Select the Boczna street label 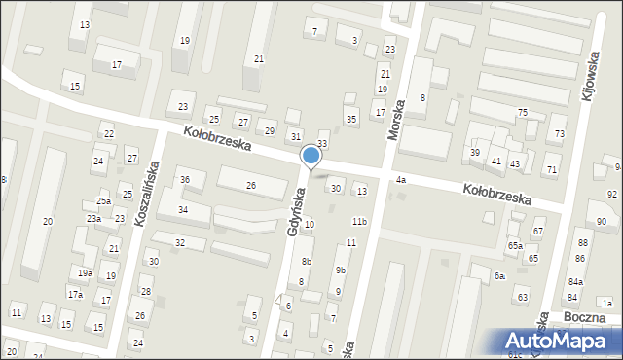point(584,317)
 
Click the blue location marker point(311,156)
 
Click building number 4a point(400,180)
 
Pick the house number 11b point(359,222)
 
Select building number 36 point(184,179)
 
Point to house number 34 point(182,210)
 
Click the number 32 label point(179,242)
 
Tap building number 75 point(522,113)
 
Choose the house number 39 point(475,153)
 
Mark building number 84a point(574,282)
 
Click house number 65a point(515,246)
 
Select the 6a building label point(498,276)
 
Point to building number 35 point(351,119)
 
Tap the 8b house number point(306,262)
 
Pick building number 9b point(340,270)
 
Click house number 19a point(86,273)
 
